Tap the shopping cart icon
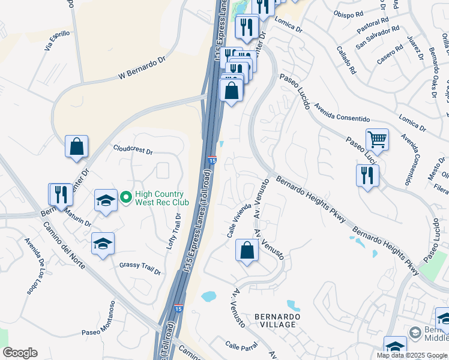click(x=377, y=140)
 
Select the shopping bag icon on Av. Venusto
click(x=247, y=251)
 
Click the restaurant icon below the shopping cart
click(x=367, y=175)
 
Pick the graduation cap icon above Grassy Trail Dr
click(x=103, y=244)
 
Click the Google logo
click(x=20, y=353)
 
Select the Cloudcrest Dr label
click(x=133, y=149)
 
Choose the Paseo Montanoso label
click(x=99, y=324)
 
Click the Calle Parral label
click(x=241, y=346)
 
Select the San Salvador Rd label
click(x=377, y=37)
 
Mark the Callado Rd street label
click(x=346, y=60)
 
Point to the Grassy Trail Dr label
click(x=140, y=268)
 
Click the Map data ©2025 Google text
click(x=412, y=355)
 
